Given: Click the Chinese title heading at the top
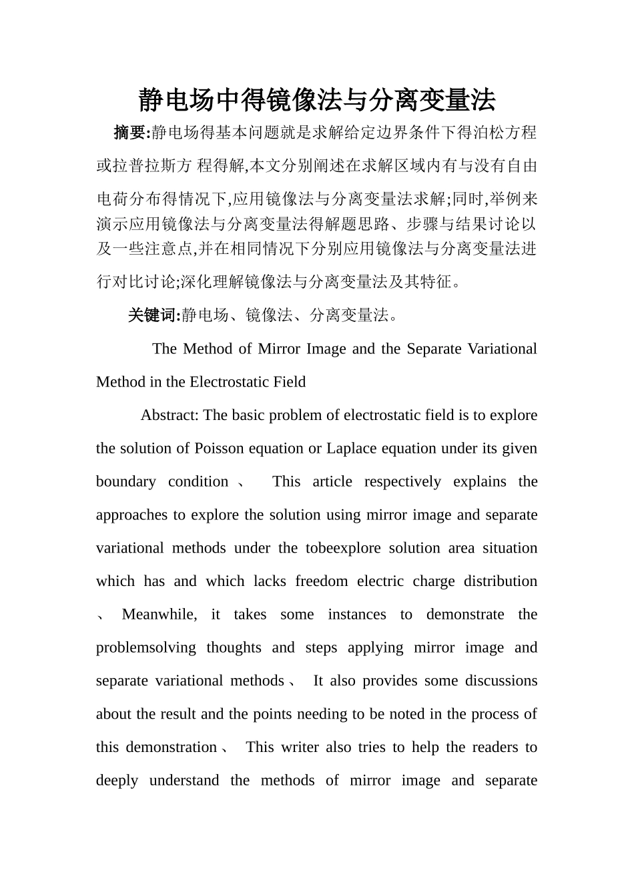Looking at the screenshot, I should coord(317,101).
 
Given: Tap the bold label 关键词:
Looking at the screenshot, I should coord(153,315).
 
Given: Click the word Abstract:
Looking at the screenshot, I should coord(170,415).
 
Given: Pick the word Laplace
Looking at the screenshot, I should coord(352,449).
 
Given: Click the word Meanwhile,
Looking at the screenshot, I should coord(159,615).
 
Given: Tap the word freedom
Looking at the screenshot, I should coord(321,581).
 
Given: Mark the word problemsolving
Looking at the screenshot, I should coord(145,648).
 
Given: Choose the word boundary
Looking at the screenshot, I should coord(125,482).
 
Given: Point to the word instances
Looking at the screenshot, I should coord(356,615).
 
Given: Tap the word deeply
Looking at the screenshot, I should coord(117,781).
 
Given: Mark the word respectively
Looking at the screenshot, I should coord(402,482).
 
